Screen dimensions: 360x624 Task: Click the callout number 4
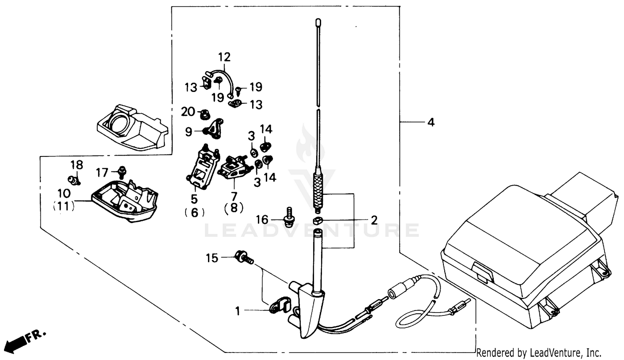[x=431, y=122]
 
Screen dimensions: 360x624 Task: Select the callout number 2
[x=374, y=220]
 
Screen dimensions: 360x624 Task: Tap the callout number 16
[x=262, y=219]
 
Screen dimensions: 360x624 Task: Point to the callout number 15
[x=212, y=258]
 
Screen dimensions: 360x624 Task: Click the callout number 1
[x=238, y=311]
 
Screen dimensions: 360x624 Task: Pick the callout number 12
[x=224, y=57]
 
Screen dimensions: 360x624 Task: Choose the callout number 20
[x=188, y=112]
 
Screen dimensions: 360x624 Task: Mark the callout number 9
[x=189, y=132]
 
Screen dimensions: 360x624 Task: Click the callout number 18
[x=77, y=165]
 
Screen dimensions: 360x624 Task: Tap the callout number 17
[x=102, y=172]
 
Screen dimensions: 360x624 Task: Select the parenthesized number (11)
[x=64, y=206]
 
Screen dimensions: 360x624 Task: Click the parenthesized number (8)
[x=234, y=208]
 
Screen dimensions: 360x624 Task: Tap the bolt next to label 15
[x=243, y=257]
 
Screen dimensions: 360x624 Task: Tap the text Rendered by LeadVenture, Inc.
[x=539, y=353]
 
